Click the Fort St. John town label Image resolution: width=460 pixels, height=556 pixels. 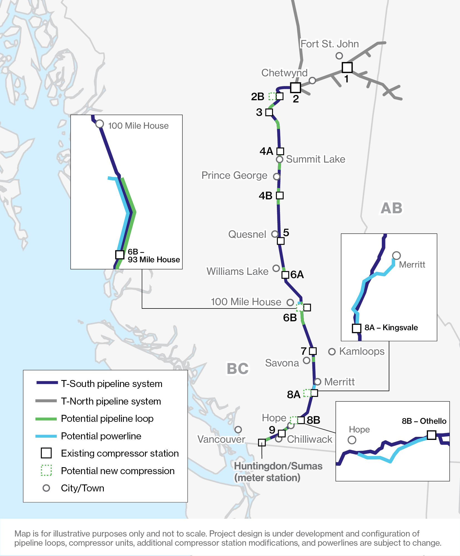(x=329, y=44)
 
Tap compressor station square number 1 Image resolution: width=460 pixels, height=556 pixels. (x=347, y=67)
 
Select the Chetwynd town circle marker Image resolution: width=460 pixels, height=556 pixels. (x=312, y=80)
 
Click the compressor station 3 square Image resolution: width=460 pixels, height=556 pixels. (x=269, y=112)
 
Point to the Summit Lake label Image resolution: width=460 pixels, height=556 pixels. (x=315, y=159)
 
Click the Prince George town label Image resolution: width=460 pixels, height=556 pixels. (x=234, y=175)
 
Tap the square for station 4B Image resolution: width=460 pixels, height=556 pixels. (x=280, y=195)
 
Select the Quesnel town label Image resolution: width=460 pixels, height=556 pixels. (x=247, y=234)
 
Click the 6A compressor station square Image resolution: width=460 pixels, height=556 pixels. (x=285, y=275)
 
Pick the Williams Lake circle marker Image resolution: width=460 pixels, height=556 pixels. (x=276, y=268)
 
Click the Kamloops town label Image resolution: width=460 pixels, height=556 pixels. (x=361, y=351)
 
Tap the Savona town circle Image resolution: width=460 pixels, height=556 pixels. (x=306, y=360)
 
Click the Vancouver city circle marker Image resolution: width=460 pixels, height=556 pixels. (x=238, y=430)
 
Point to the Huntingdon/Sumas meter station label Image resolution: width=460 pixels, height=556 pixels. (x=278, y=472)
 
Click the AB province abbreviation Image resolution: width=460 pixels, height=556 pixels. (x=391, y=208)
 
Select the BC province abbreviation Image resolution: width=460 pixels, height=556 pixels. (x=237, y=369)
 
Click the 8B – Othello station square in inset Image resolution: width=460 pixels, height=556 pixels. (x=431, y=435)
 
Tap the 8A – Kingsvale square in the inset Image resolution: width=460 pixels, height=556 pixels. (x=356, y=328)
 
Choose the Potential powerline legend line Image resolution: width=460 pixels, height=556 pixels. (x=46, y=436)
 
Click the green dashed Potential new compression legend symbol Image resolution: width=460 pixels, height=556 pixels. (x=46, y=470)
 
